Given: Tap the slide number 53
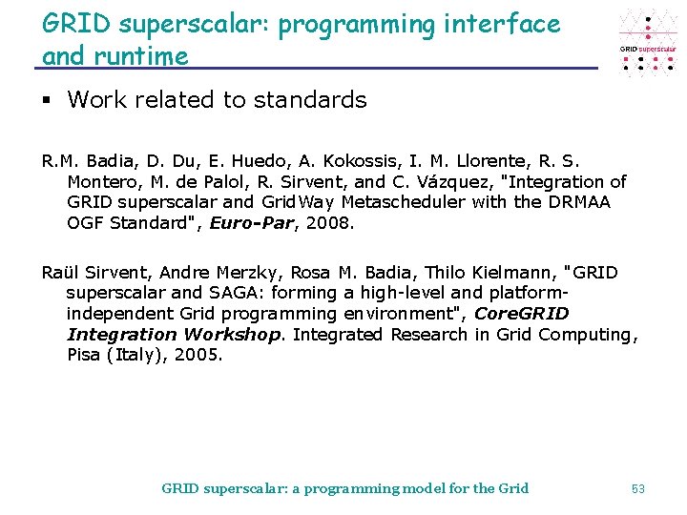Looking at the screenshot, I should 638,488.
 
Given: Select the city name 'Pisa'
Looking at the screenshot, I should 87,355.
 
